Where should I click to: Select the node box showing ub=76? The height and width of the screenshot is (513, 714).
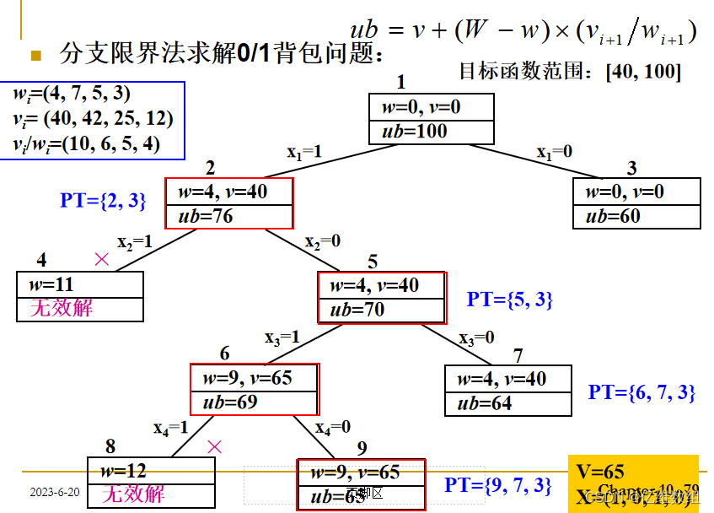[229, 203]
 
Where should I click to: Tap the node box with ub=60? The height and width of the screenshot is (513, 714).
[636, 203]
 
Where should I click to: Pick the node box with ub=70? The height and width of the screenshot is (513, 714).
[381, 297]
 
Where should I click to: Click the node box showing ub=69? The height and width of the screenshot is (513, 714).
[255, 390]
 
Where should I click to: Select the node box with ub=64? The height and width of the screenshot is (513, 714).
[508, 391]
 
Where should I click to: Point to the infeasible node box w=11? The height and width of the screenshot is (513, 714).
[80, 296]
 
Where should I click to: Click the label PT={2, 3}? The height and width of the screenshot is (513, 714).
[103, 201]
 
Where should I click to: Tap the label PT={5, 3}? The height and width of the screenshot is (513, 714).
[509, 300]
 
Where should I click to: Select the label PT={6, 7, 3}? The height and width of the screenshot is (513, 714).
[642, 392]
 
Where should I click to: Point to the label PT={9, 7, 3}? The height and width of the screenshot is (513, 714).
[498, 485]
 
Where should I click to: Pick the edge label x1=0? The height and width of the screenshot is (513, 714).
[556, 152]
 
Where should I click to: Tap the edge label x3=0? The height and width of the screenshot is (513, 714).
[477, 337]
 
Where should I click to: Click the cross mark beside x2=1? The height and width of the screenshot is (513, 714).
[102, 260]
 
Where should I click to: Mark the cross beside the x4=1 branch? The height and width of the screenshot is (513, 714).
[215, 446]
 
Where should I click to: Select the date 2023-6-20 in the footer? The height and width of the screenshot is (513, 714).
[55, 492]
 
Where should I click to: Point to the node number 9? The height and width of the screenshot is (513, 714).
[362, 448]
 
